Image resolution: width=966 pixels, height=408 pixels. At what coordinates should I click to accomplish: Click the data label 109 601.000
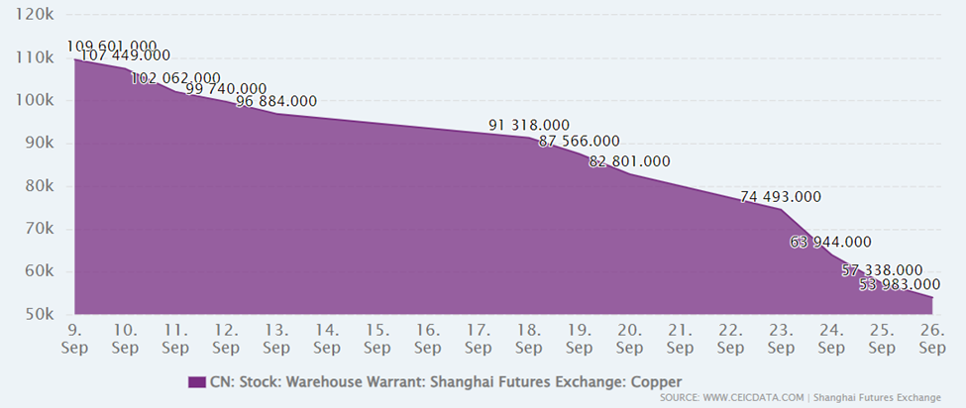pyautogui.click(x=112, y=46)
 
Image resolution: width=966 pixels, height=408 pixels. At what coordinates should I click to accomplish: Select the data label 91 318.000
pyautogui.click(x=529, y=125)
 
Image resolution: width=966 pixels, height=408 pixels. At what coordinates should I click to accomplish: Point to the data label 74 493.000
pyautogui.click(x=782, y=197)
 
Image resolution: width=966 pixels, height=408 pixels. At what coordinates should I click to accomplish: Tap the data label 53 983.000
pyautogui.click(x=900, y=285)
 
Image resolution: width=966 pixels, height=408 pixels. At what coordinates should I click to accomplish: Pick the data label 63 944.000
pyautogui.click(x=830, y=242)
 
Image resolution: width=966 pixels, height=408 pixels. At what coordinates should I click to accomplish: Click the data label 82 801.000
pyautogui.click(x=629, y=161)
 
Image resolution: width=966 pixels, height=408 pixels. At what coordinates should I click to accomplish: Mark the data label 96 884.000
pyautogui.click(x=276, y=101)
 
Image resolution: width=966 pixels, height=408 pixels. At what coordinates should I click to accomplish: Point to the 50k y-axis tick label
pyautogui.click(x=39, y=315)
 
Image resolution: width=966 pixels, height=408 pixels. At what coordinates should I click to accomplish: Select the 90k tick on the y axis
pyautogui.click(x=39, y=144)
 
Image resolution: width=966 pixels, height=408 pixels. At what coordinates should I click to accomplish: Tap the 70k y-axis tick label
pyautogui.click(x=39, y=229)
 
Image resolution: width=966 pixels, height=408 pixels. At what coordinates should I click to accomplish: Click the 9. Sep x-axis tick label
pyautogui.click(x=74, y=339)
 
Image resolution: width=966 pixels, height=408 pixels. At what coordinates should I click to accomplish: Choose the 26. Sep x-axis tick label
pyautogui.click(x=932, y=339)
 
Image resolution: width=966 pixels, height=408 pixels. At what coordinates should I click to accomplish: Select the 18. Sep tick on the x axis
pyautogui.click(x=528, y=339)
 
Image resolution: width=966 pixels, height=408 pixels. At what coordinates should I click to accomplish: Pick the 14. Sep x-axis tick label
pyautogui.click(x=326, y=339)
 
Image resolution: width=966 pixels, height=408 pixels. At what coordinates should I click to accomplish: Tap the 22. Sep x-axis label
pyautogui.click(x=730, y=339)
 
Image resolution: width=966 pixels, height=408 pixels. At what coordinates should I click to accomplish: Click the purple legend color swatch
pyautogui.click(x=195, y=381)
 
